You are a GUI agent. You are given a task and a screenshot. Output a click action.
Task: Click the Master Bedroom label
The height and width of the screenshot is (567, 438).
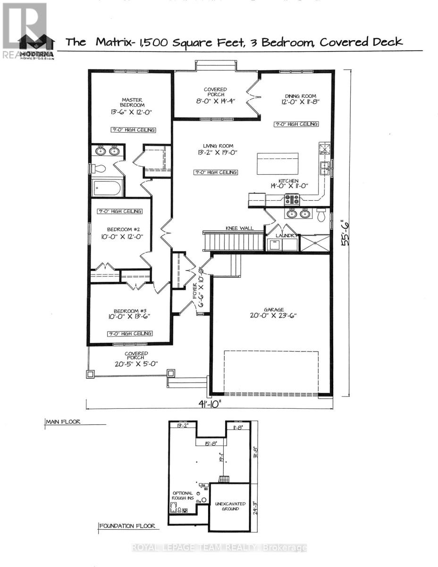pos(132,102)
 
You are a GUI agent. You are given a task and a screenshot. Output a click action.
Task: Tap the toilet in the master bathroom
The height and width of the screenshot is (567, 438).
pos(98,168)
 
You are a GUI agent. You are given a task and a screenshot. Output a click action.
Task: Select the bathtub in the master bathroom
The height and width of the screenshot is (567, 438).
pos(107,188)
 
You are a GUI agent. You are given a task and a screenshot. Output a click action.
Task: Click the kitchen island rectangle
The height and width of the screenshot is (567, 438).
pos(277,164)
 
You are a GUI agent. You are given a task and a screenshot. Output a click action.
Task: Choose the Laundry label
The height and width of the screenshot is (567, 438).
pos(282,235)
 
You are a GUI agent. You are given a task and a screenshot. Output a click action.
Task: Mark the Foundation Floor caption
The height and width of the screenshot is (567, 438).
pos(126,526)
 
